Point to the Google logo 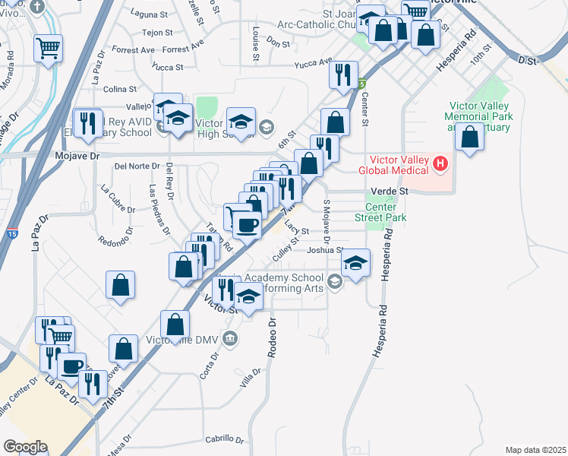pyautogui.click(x=24, y=447)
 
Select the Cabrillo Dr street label pyautogui.click(x=225, y=440)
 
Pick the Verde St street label pyautogui.click(x=390, y=192)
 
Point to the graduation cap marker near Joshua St pyautogui.click(x=355, y=262)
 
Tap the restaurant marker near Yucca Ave pyautogui.click(x=343, y=74)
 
